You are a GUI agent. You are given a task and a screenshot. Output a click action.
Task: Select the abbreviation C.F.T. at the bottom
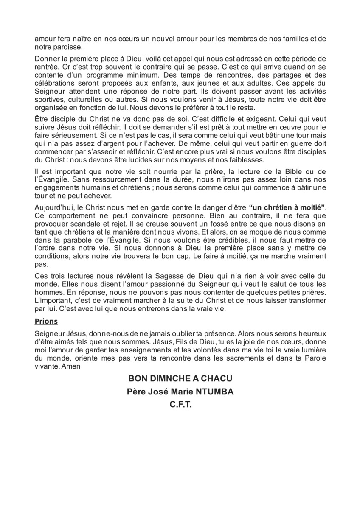tap(181, 405)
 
